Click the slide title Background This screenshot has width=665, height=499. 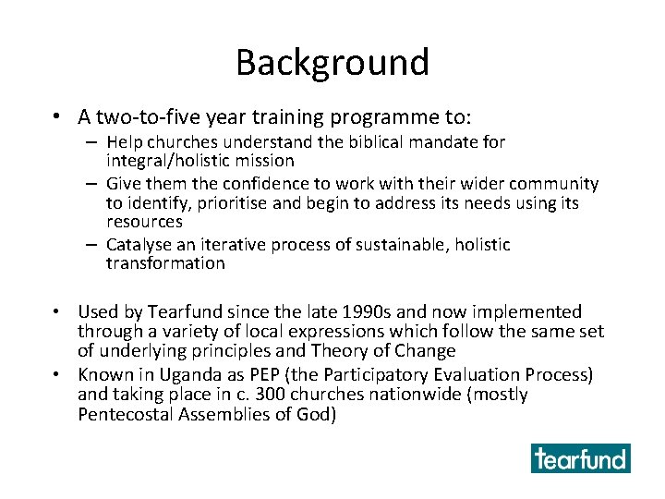coord(332,62)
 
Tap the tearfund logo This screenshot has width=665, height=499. coord(580,458)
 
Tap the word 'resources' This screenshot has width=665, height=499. coord(144,222)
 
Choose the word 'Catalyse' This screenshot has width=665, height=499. coord(139,245)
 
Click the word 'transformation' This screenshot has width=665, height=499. coord(165,263)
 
